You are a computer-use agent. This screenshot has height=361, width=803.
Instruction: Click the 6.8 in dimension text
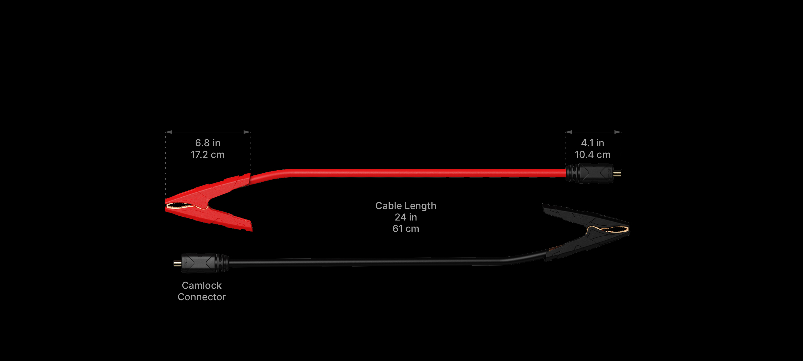click(x=208, y=143)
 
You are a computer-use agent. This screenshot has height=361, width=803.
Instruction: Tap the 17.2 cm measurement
click(x=208, y=155)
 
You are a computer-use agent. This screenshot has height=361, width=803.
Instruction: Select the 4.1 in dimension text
click(x=593, y=143)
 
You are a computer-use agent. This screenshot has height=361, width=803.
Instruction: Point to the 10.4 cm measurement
click(x=593, y=155)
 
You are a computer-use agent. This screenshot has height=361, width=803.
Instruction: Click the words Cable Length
click(x=405, y=206)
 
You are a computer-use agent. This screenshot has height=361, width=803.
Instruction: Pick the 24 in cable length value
click(x=405, y=217)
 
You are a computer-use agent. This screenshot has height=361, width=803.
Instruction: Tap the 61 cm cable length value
click(x=405, y=229)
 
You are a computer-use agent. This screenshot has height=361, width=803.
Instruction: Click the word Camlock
click(x=201, y=285)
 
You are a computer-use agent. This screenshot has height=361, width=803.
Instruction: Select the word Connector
click(x=201, y=297)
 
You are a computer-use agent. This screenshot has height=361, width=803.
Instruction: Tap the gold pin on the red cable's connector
click(x=617, y=173)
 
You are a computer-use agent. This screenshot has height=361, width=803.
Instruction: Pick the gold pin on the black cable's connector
click(x=177, y=263)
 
